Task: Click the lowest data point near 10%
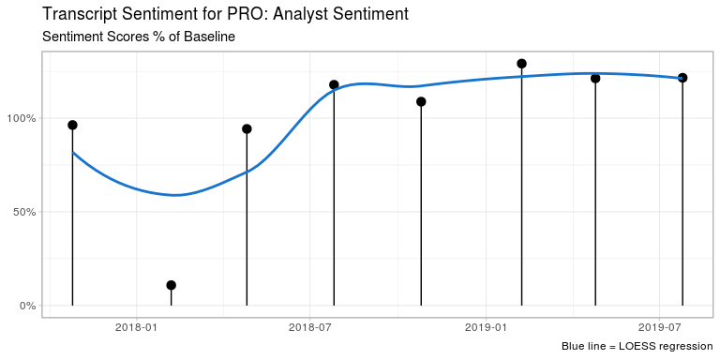(x=171, y=285)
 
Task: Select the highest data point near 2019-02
(x=521, y=64)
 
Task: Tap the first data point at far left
(x=72, y=125)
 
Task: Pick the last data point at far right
(x=682, y=78)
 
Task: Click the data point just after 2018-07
(x=334, y=85)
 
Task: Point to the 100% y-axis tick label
(x=21, y=118)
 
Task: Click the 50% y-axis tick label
(x=23, y=212)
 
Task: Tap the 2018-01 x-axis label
(x=137, y=328)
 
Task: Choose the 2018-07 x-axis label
(x=311, y=328)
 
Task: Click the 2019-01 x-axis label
(x=487, y=328)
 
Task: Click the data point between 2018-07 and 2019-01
(x=421, y=101)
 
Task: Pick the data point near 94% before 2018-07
(x=247, y=128)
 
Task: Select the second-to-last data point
(x=595, y=78)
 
